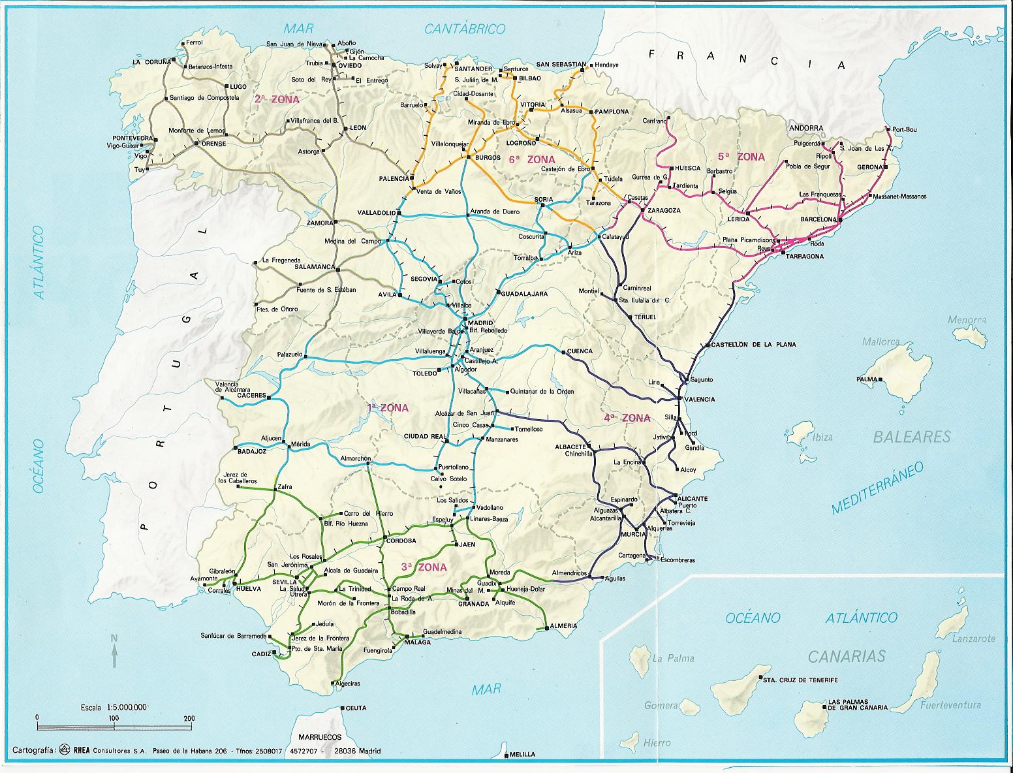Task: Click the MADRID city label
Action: (480, 323)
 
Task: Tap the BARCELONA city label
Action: (818, 219)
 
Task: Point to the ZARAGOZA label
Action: (664, 211)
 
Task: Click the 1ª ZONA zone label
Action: (388, 408)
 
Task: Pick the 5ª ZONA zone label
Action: (741, 157)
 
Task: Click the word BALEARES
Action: (912, 437)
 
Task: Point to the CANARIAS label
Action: (847, 656)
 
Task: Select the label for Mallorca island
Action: (881, 341)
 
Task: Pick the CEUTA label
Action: (355, 708)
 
